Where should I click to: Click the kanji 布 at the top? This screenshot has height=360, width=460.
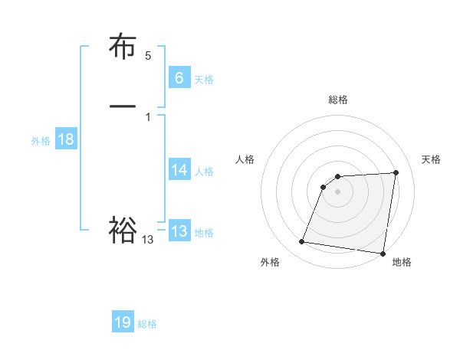(x=123, y=47)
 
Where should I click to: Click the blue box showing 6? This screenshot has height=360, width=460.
(x=179, y=77)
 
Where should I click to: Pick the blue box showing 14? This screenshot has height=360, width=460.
(x=179, y=170)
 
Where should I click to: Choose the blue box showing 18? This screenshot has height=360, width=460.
(x=65, y=139)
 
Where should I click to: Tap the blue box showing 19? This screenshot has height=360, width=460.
(x=123, y=322)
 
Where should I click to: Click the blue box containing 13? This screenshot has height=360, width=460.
(x=179, y=231)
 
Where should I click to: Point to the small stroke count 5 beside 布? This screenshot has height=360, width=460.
(x=148, y=56)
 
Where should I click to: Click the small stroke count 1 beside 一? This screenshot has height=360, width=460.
(x=148, y=116)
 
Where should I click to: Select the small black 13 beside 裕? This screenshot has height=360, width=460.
(x=148, y=240)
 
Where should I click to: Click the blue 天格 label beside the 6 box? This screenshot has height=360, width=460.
(x=204, y=79)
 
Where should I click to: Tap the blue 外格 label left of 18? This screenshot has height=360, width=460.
(x=41, y=141)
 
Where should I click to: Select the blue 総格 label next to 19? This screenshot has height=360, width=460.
(x=147, y=324)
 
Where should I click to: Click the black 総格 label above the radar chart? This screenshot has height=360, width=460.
(x=338, y=100)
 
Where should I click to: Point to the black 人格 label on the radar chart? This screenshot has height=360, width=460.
(x=245, y=159)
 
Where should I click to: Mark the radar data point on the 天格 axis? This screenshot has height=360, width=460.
(x=396, y=172)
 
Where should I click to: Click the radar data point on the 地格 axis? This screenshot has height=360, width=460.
(x=383, y=254)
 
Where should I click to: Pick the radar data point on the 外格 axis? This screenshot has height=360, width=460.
(x=301, y=242)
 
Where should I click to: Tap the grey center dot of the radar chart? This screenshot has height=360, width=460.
(x=337, y=191)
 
